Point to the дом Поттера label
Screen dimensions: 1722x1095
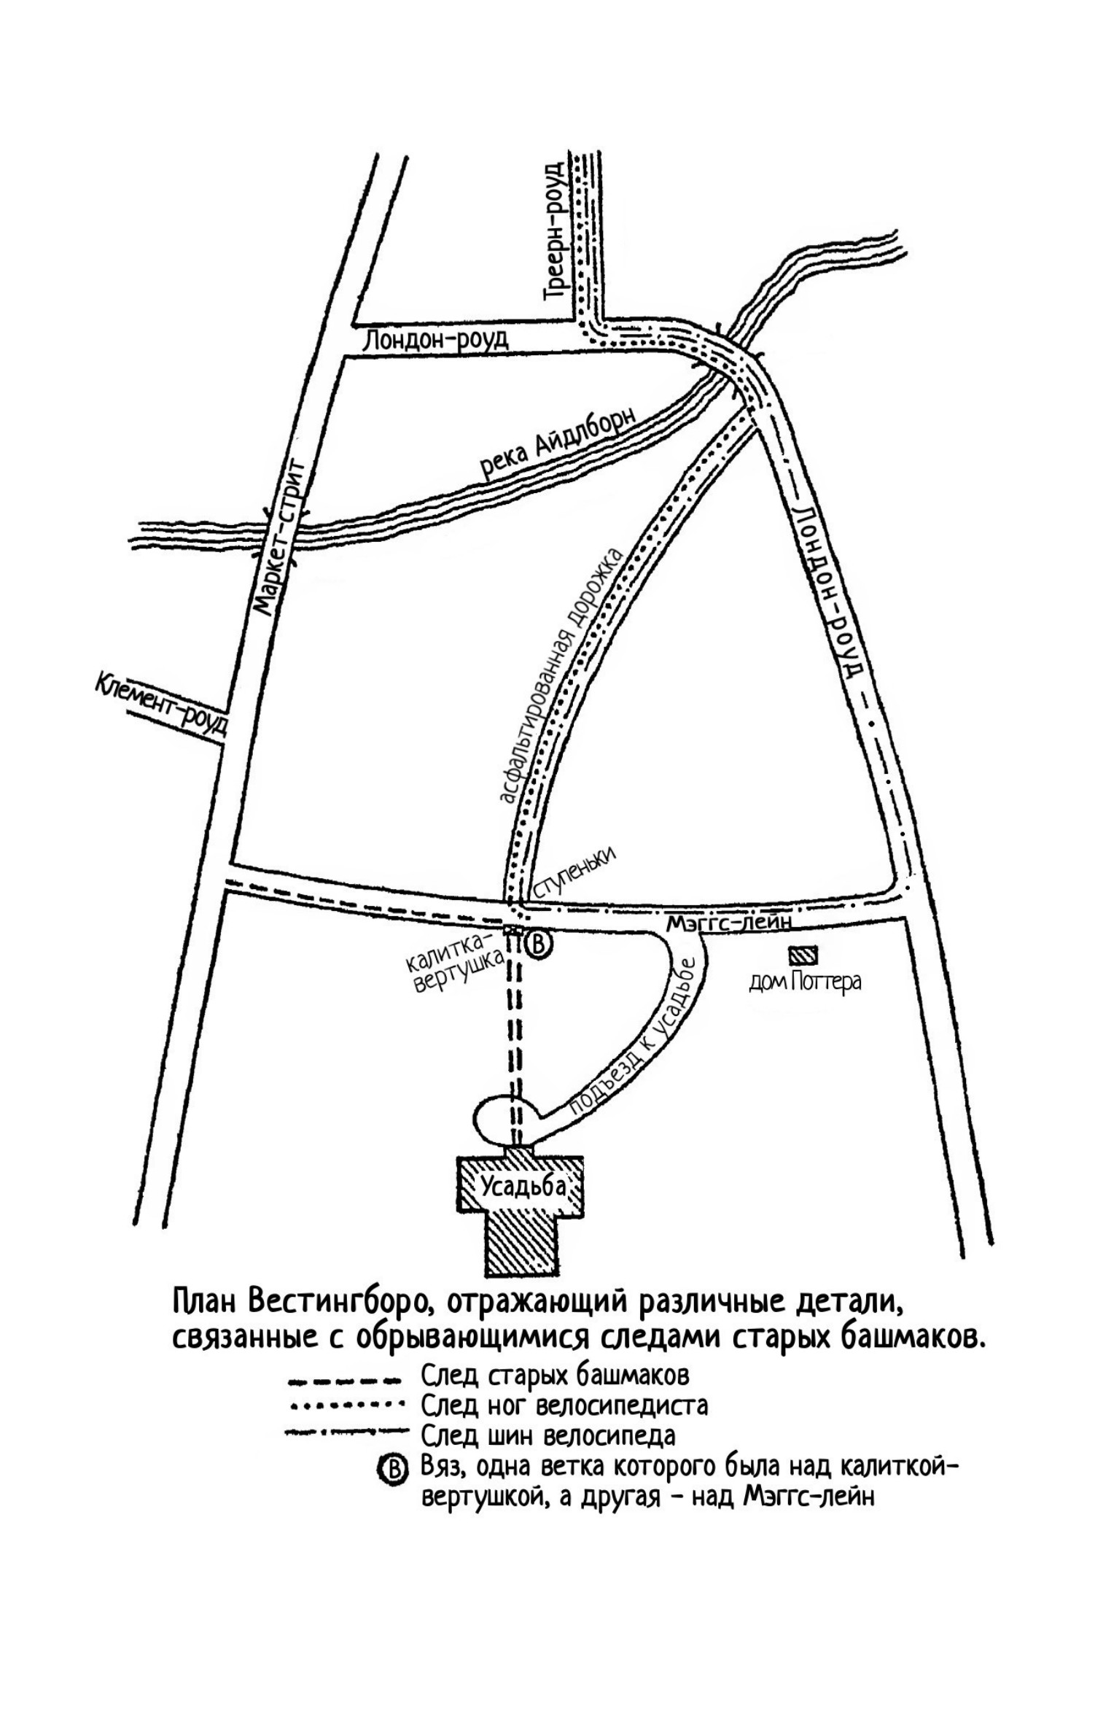coord(805,982)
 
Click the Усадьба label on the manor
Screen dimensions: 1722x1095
coord(522,1187)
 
